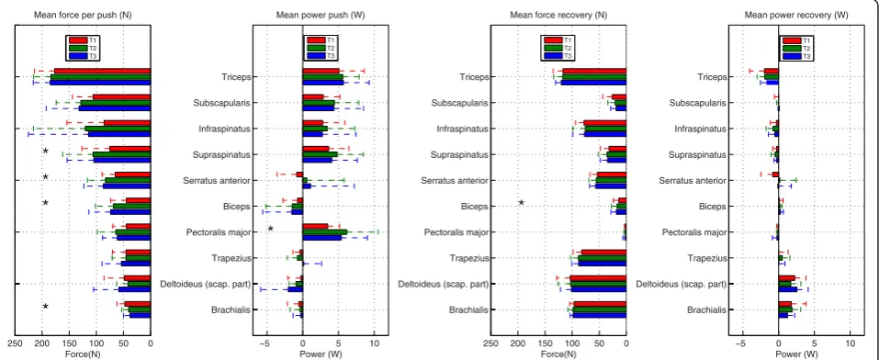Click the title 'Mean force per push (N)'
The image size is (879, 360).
click(x=83, y=15)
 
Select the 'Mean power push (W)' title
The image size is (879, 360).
click(x=320, y=15)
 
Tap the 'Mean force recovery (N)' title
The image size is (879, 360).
click(x=558, y=15)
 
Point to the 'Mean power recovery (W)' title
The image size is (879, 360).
click(x=796, y=15)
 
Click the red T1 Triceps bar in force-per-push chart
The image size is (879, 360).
click(x=102, y=71)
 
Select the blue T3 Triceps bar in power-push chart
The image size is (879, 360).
click(x=323, y=83)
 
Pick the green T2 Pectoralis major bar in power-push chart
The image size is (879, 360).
click(x=324, y=231)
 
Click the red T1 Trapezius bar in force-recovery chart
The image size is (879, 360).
click(x=603, y=253)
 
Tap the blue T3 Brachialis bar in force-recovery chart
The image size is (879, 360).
click(x=599, y=315)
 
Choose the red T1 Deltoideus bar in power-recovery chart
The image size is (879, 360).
click(x=786, y=278)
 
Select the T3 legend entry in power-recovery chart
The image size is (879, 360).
click(x=796, y=56)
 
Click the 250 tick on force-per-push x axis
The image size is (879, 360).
click(x=15, y=343)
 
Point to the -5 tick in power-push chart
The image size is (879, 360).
click(x=266, y=343)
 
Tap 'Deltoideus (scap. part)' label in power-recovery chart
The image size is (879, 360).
click(x=681, y=284)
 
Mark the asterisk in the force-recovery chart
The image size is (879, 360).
click(x=521, y=202)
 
